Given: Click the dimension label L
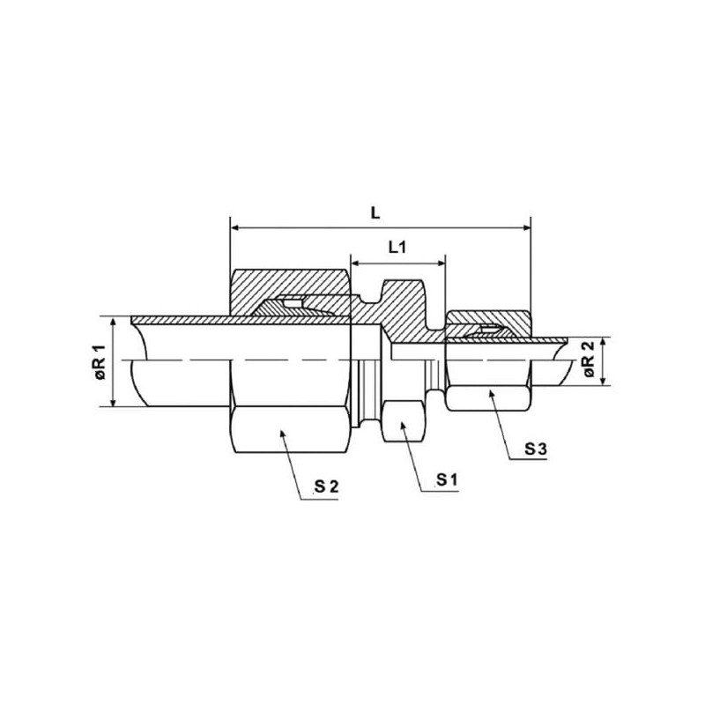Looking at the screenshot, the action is [x=375, y=213].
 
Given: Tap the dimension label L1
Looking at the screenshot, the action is [x=397, y=247].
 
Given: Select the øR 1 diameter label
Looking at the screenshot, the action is [x=100, y=362].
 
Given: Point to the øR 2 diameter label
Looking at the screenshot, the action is [x=590, y=360].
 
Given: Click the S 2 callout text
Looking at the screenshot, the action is [x=326, y=486].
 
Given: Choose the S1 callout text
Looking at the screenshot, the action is [x=447, y=480].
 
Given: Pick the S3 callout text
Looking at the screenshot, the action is [x=536, y=449].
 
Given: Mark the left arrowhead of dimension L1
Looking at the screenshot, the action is [x=355, y=263].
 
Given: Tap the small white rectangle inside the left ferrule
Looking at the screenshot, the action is [x=293, y=304].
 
